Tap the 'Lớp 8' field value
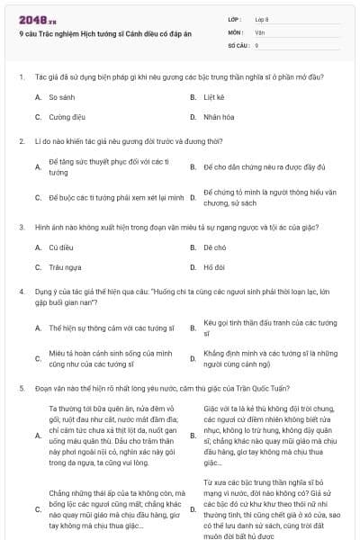262,18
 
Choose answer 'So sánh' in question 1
61,96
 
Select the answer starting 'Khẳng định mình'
270,358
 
